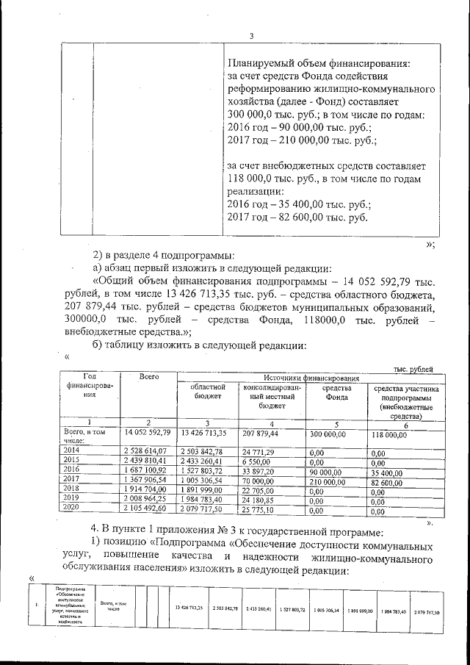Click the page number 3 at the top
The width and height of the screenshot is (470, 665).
point(251,35)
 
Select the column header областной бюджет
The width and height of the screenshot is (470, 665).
point(209,392)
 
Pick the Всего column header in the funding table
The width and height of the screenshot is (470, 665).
point(149,376)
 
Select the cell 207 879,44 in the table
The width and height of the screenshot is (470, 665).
point(264,434)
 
